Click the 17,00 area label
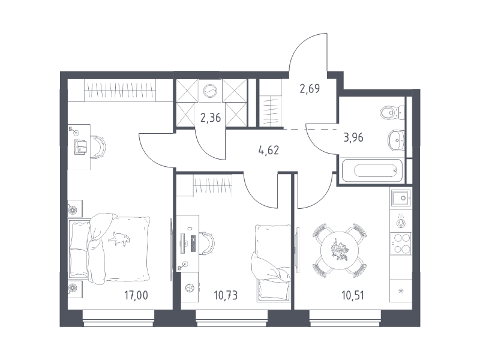pos(136,295)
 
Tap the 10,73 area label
pos(226,295)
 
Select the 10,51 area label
pos(353,295)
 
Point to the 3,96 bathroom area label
pos(353,137)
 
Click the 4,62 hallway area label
pos(268,151)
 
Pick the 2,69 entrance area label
pos(310,88)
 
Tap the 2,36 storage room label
pos(211,117)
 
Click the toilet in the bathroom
pos(392,113)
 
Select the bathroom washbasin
pos(396,140)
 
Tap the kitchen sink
pos(401,197)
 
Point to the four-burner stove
pos(401,243)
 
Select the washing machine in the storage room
pos(211,91)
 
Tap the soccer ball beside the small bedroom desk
pos(190,288)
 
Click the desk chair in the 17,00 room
pos(98,147)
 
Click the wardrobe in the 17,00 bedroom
pos(120,91)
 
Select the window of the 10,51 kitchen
pos(345,319)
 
